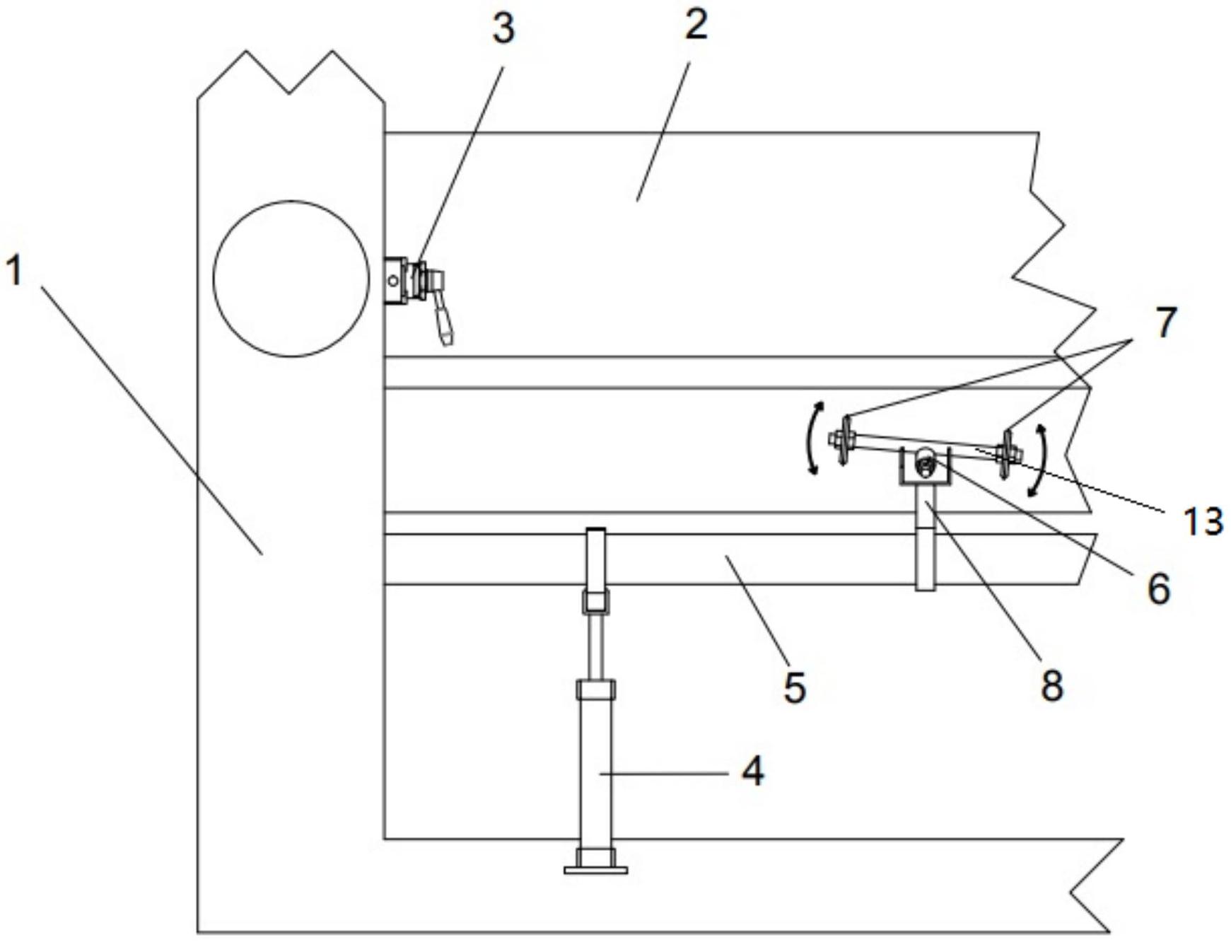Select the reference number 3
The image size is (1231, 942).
503,30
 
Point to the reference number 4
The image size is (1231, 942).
753,771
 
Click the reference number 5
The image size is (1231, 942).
795,687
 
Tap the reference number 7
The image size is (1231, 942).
1165,322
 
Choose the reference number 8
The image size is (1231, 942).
1052,685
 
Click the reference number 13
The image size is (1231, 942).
1203,521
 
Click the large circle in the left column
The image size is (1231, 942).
291,279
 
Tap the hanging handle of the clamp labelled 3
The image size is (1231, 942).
443,321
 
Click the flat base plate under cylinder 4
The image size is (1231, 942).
595,869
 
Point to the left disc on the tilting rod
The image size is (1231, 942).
843,440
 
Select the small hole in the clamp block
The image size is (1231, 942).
393,281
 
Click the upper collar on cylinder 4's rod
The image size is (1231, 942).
595,602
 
